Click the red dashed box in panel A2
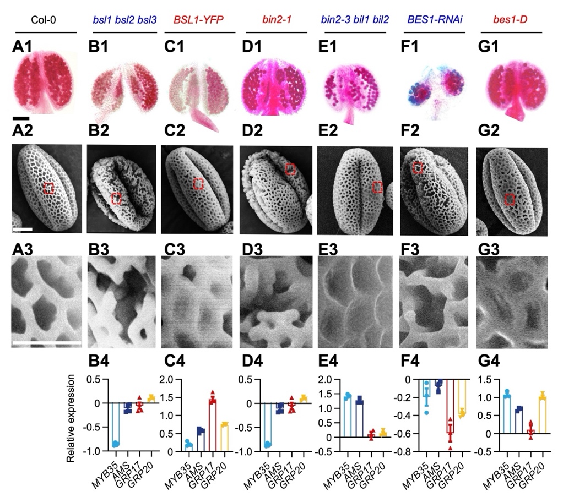(x=49, y=189)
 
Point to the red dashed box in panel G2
(x=510, y=199)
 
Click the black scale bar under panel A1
(x=21, y=117)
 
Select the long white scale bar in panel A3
(x=46, y=343)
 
